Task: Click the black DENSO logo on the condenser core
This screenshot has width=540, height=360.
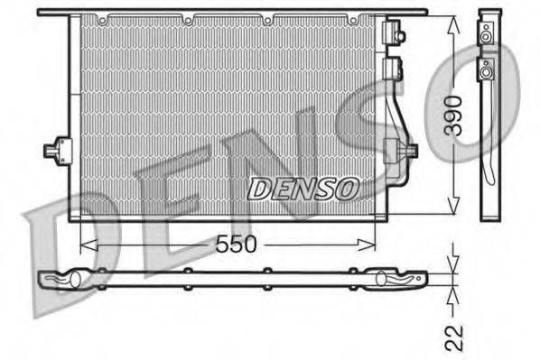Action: point(303,189)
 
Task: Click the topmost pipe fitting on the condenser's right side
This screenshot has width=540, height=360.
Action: point(394,34)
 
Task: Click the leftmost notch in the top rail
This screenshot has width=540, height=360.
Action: point(103,18)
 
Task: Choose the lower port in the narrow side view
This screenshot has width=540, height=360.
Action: point(488,69)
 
